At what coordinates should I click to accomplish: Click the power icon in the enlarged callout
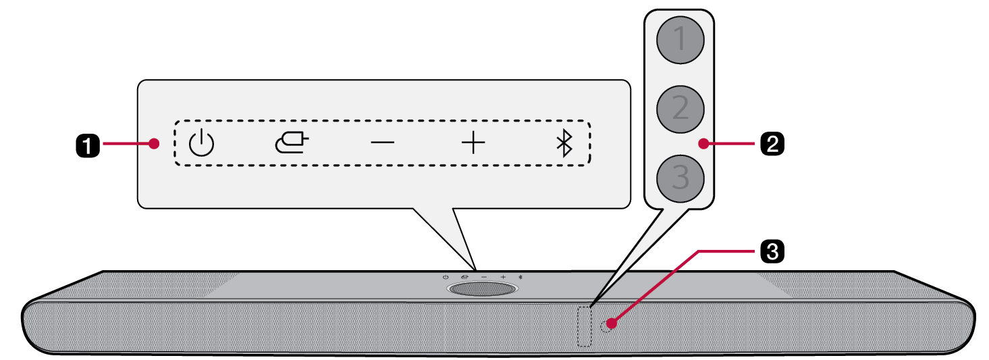tap(201, 143)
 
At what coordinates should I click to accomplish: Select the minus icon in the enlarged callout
tap(383, 143)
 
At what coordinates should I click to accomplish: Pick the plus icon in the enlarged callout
tap(473, 143)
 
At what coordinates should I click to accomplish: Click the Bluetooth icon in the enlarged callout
tap(564, 143)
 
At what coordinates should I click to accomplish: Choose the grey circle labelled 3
tap(680, 178)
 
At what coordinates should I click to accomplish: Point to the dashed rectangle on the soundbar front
tap(585, 328)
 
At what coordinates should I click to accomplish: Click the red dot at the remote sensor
tap(611, 324)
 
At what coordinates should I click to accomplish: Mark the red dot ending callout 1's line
tap(155, 143)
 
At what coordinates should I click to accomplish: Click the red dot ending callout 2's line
tap(704, 143)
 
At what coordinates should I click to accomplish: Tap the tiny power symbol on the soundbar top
tap(446, 277)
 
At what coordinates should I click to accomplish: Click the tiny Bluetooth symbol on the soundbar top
tap(520, 277)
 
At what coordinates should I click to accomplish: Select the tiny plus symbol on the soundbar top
tap(503, 277)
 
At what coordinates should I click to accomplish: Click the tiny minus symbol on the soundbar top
tap(484, 277)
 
